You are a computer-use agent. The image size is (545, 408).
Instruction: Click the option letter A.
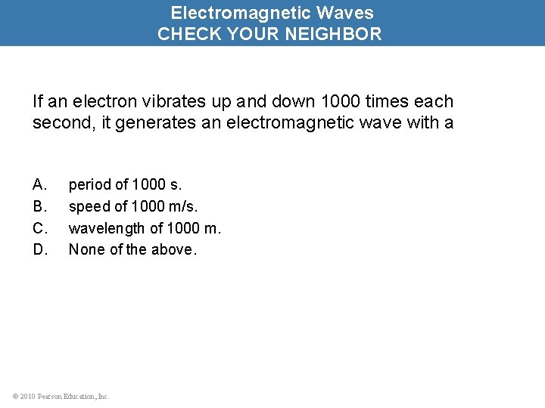point(40,184)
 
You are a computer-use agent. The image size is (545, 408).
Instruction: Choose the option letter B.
point(40,206)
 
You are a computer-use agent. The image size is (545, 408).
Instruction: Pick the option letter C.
point(40,227)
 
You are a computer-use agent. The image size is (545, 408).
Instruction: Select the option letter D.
point(40,249)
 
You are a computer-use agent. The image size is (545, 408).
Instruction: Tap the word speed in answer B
point(89,206)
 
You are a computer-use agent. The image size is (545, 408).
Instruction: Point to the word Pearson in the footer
point(47,396)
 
